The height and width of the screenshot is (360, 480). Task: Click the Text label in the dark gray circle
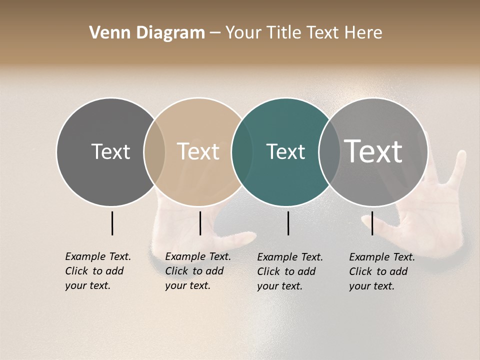click(110, 151)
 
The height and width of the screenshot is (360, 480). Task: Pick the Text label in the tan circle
click(198, 151)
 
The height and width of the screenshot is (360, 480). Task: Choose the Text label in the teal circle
click(285, 151)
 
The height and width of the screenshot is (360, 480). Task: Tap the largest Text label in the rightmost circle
click(373, 151)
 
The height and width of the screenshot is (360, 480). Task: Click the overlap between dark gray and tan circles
click(154, 151)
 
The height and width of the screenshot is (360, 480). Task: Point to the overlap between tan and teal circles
click(242, 151)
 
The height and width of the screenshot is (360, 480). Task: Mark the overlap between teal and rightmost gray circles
click(329, 151)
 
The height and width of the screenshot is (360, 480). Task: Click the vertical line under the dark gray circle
click(112, 223)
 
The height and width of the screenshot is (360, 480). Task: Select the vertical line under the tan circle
click(200, 223)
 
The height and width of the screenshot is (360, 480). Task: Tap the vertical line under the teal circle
click(288, 223)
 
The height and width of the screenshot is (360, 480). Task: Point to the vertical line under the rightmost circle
click(372, 223)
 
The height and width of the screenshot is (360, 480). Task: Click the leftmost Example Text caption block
click(97, 271)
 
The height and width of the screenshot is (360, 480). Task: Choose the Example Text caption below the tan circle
click(197, 271)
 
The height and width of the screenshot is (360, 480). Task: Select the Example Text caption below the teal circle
click(289, 271)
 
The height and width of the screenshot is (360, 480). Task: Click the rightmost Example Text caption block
click(381, 271)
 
